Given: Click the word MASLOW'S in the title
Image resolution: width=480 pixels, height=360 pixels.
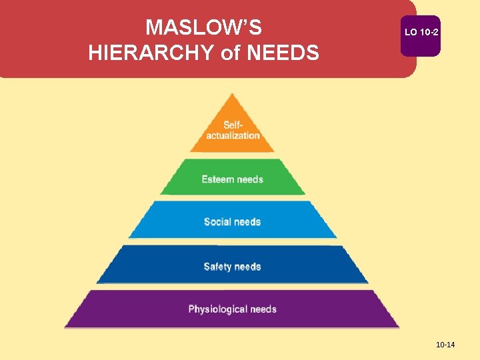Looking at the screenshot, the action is tap(203, 27).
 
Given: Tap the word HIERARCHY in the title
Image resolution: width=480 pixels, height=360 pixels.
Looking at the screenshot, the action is tap(153, 52).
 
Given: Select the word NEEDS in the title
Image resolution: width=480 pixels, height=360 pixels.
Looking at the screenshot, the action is tap(283, 52).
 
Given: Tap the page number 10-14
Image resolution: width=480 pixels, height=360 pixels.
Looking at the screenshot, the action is tap(445, 345).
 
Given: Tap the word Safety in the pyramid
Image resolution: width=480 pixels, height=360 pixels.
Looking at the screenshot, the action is tap(217, 267).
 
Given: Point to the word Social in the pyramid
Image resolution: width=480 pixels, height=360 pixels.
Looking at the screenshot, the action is tap(217, 222).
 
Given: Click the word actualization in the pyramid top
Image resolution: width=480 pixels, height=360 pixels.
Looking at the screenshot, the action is tap(233, 135).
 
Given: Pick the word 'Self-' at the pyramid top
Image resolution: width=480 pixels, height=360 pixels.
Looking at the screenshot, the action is tap(233, 125).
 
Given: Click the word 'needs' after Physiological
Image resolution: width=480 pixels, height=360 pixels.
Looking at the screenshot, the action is tap(262, 309).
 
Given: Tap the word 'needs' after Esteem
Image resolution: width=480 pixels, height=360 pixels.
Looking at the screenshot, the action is tap(249, 179).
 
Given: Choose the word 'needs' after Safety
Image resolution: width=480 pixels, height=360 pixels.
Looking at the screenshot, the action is tap(247, 267).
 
